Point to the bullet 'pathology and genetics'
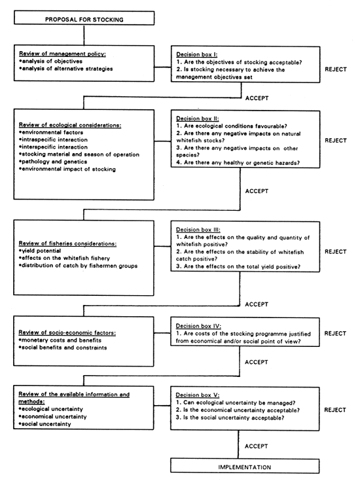click(x=55, y=162)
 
